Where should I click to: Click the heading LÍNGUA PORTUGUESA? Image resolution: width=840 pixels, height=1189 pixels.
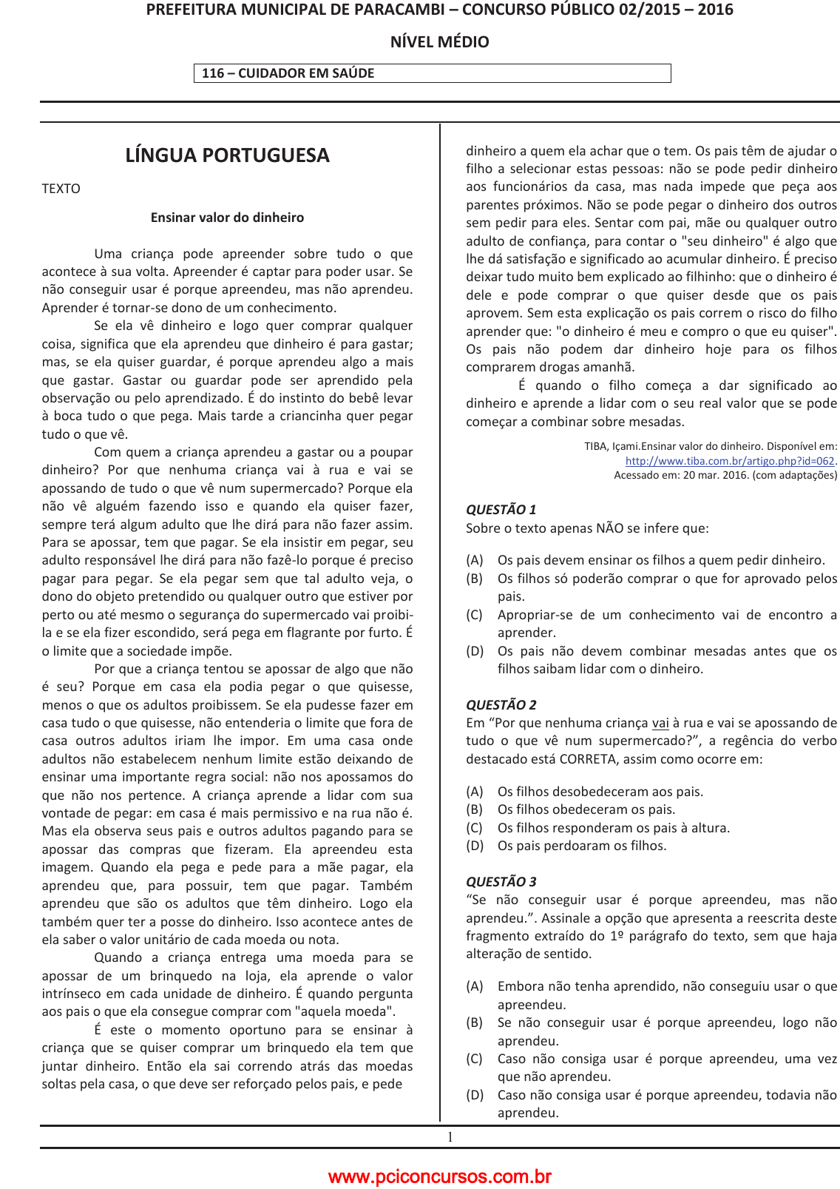click(x=227, y=155)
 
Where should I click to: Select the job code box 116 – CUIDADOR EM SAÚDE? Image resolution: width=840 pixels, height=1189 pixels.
click(x=432, y=73)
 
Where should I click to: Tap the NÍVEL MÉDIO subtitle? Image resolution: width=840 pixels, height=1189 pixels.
click(x=439, y=42)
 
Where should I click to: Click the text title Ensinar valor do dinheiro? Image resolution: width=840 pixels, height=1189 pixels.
click(x=227, y=218)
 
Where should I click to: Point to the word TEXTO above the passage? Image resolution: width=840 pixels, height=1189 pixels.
click(x=61, y=189)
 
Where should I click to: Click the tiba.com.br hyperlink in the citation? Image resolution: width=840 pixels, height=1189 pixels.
click(x=729, y=461)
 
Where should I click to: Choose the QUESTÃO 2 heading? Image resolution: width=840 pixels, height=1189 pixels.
click(x=501, y=705)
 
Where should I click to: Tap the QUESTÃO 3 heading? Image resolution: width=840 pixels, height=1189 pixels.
click(x=501, y=882)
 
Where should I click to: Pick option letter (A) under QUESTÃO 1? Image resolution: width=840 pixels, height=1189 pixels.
click(x=474, y=561)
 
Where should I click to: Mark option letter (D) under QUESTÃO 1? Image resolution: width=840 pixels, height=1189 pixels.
click(x=474, y=651)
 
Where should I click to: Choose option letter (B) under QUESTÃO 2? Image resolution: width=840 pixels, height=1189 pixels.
click(x=474, y=810)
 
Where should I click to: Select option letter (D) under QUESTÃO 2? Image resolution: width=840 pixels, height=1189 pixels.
click(x=474, y=846)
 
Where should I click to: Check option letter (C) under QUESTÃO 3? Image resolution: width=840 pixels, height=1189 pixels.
click(x=474, y=1059)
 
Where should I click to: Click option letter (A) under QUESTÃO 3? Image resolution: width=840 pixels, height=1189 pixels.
click(x=474, y=986)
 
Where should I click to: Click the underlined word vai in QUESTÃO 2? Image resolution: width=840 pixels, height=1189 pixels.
click(x=660, y=723)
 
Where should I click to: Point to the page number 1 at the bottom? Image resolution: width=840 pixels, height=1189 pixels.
click(x=450, y=1137)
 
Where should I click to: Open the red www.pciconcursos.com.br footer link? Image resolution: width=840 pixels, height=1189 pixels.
click(x=439, y=1176)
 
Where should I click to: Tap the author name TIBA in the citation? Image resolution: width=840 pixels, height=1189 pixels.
click(x=595, y=446)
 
